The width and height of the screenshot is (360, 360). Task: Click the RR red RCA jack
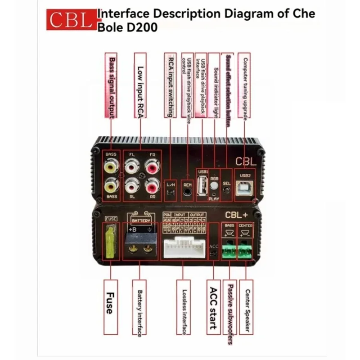tap(151, 184)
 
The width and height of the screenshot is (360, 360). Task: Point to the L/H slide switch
tap(170, 193)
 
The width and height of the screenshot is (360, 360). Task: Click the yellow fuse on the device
tap(110, 243)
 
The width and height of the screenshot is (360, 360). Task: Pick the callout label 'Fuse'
tap(111, 306)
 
